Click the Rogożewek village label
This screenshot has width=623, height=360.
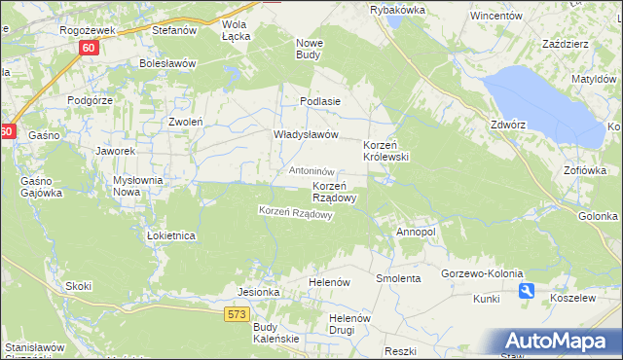pos(88,30)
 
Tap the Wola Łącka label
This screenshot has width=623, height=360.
pos(237,30)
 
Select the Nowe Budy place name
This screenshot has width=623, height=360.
pos(310,49)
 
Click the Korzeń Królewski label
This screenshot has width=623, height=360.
pos(386,150)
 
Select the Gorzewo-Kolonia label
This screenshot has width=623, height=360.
pos(482,273)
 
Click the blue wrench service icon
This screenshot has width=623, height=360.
pos(527,290)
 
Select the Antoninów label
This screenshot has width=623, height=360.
pos(312,171)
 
